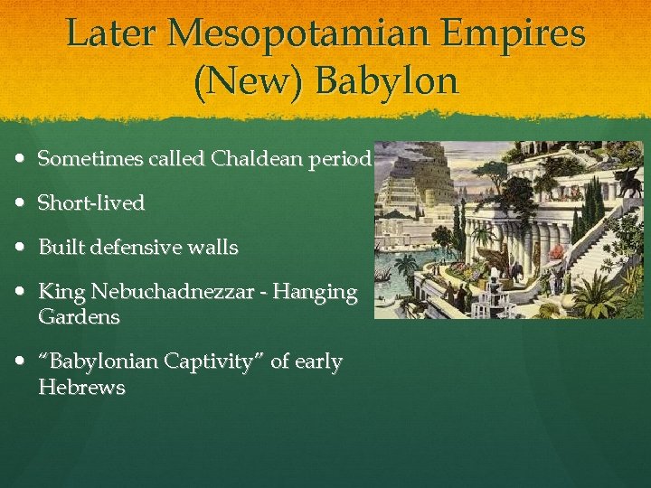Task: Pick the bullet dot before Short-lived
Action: [x=21, y=203]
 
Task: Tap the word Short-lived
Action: [x=91, y=203]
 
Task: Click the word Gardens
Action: [x=79, y=316]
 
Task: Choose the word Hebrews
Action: [x=81, y=388]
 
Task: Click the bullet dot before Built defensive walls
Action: [x=21, y=248]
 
